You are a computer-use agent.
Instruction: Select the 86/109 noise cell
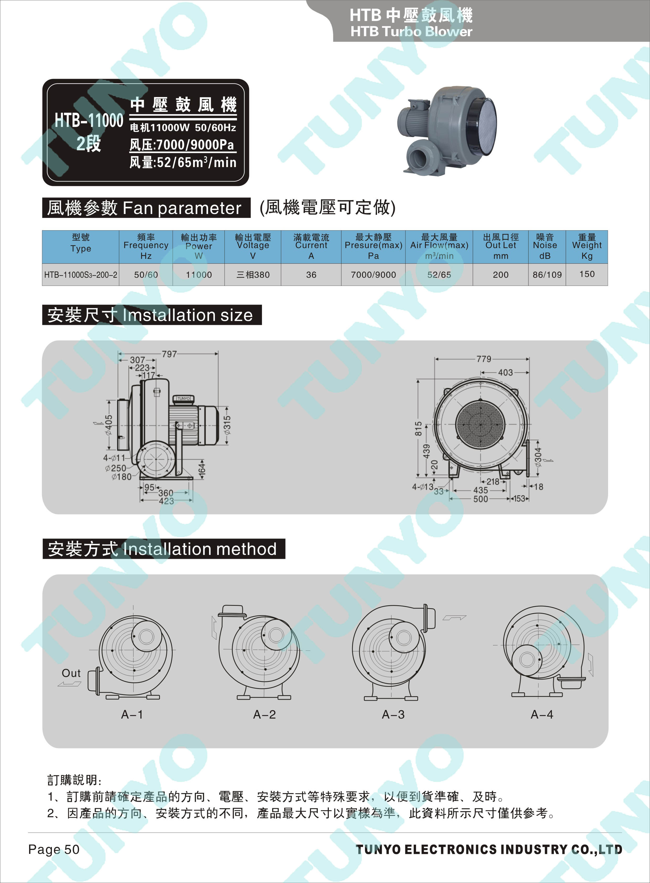tap(547, 275)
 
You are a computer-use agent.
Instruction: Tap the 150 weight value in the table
tap(587, 274)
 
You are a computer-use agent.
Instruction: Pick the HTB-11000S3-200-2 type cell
tap(81, 275)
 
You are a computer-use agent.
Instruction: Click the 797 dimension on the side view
tap(169, 354)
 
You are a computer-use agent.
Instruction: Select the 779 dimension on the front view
tap(484, 359)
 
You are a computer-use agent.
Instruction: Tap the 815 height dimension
tap(418, 429)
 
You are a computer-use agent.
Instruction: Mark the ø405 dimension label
tap(108, 425)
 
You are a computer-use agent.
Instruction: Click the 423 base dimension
tap(166, 501)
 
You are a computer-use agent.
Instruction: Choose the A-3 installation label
tap(393, 714)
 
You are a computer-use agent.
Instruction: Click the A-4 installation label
tap(542, 714)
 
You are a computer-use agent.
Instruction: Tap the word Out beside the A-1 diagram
tap(71, 673)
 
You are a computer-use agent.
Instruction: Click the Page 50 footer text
tap(54, 849)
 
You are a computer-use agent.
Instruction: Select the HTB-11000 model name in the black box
tap(89, 120)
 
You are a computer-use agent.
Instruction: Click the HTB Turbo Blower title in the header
tap(411, 31)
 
